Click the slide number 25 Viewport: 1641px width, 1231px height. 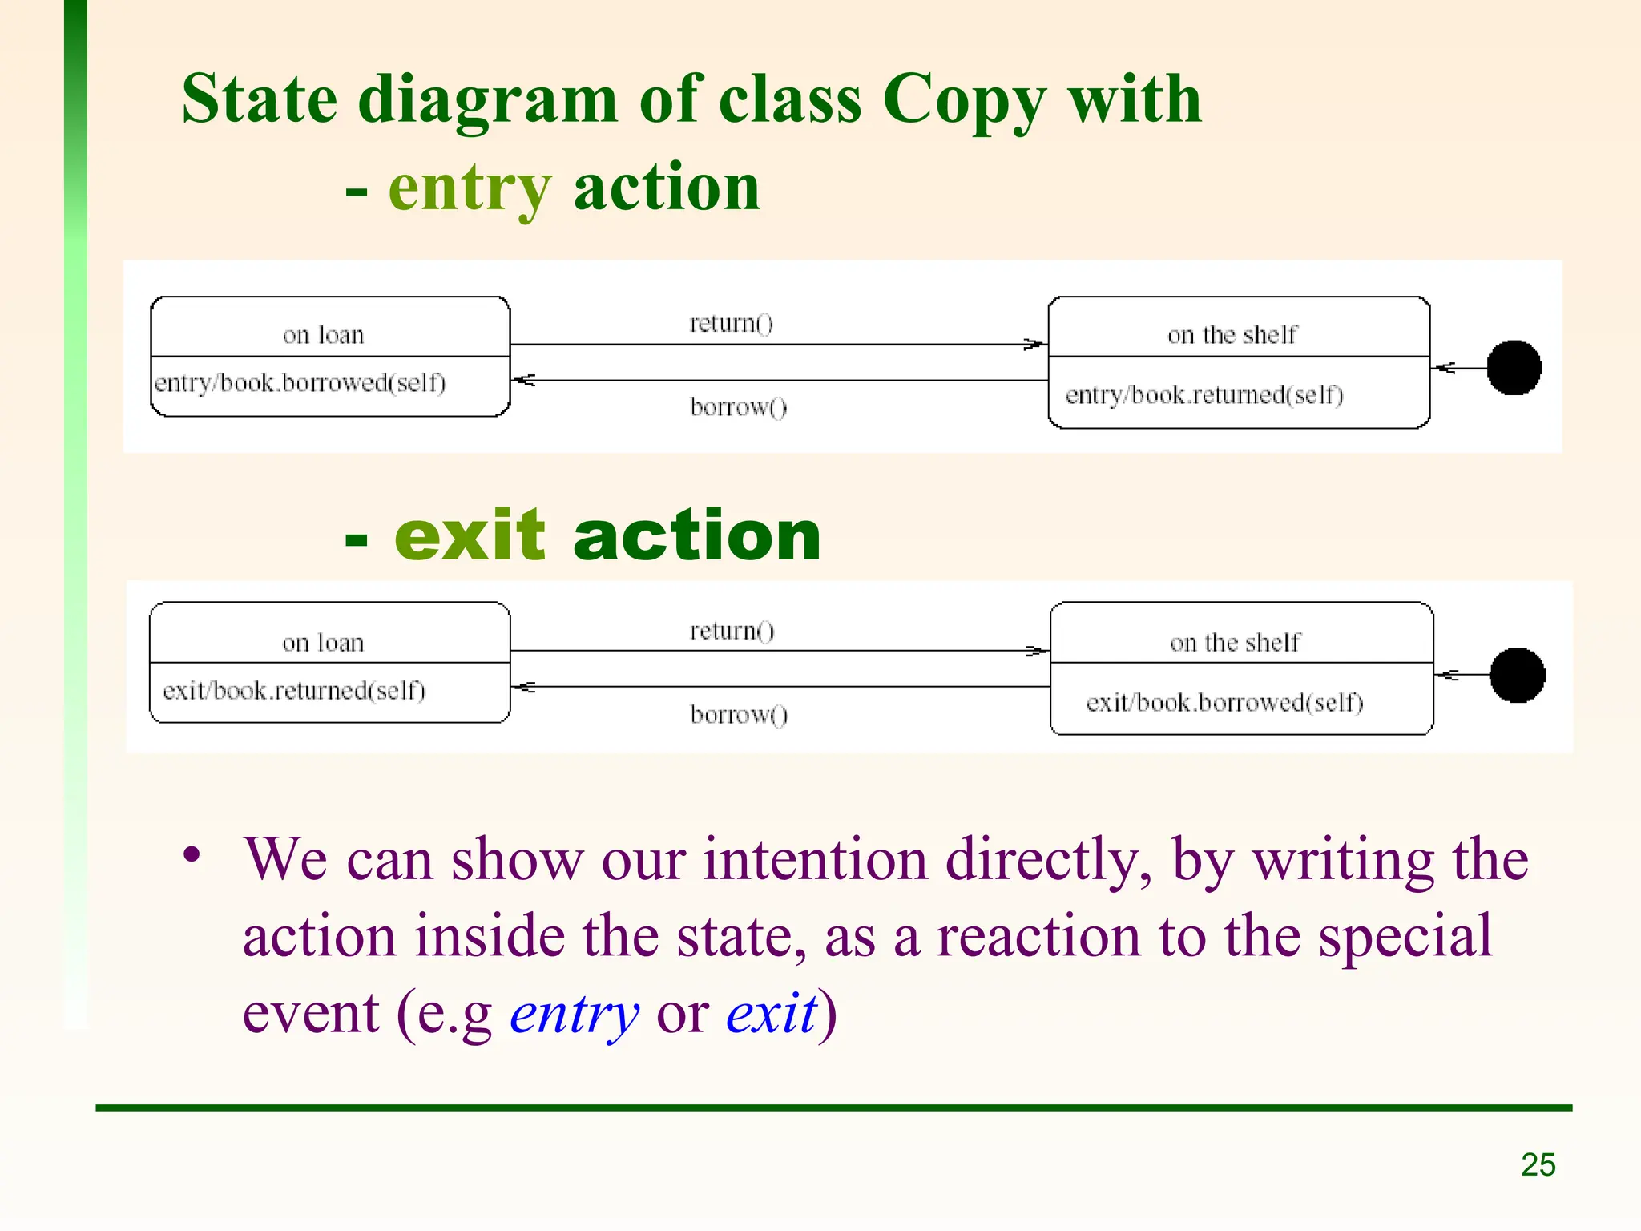point(1538,1164)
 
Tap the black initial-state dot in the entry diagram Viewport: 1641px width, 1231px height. point(1514,368)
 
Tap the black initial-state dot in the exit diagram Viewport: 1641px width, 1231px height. point(1517,675)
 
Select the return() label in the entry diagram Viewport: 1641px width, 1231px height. point(731,323)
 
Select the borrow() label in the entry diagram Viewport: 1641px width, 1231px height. point(738,407)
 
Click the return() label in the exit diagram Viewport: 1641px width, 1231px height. point(732,631)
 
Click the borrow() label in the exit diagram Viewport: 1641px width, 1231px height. point(739,714)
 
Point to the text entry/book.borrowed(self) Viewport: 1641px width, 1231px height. point(300,383)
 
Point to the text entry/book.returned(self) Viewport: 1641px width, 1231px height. point(1204,395)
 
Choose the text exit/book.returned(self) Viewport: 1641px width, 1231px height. point(294,691)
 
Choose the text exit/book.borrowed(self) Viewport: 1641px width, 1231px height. point(1224,703)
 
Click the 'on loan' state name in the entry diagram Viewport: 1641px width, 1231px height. point(323,335)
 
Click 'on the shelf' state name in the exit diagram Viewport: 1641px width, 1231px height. point(1235,643)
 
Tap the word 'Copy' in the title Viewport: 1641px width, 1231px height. point(965,101)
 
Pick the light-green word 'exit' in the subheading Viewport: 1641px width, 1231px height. point(470,535)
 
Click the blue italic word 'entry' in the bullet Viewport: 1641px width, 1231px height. point(575,1014)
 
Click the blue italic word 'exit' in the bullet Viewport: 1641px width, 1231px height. point(772,1013)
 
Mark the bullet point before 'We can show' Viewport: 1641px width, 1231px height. point(191,854)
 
